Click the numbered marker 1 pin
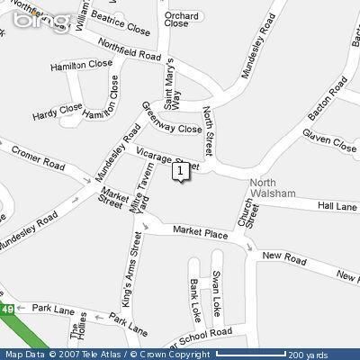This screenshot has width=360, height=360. [182, 170]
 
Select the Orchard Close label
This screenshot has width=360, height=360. [176, 20]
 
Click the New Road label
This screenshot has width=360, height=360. [279, 256]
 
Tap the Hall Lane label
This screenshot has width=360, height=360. [337, 206]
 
